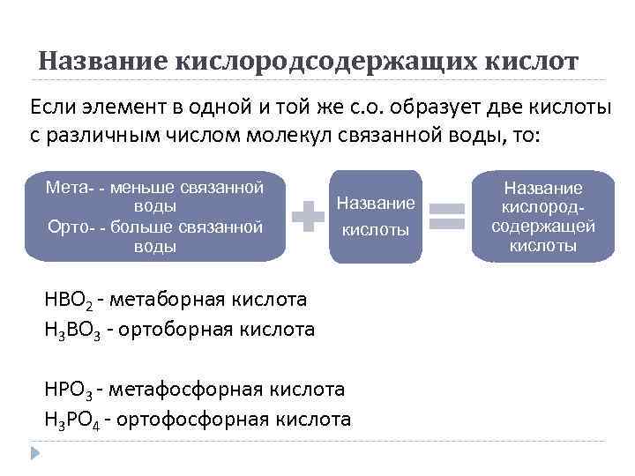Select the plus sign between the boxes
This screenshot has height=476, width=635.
(309, 217)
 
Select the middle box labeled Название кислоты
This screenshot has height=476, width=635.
(376, 216)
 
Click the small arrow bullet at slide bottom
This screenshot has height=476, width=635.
(35, 454)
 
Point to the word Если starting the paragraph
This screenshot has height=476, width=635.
(54, 108)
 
